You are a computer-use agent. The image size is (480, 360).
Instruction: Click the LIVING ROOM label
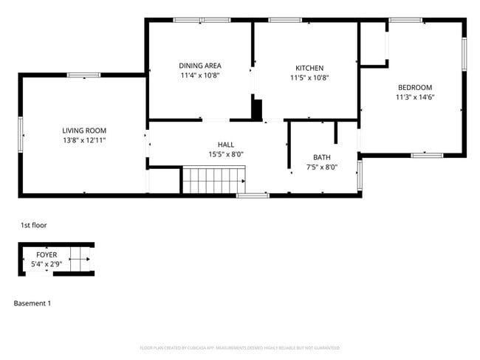84,130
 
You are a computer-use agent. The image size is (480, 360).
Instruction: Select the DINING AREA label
200,66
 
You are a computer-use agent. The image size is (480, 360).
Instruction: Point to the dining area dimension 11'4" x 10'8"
200,75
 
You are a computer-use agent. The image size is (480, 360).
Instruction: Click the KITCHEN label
309,68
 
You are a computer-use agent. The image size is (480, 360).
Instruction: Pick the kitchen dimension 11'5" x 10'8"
309,77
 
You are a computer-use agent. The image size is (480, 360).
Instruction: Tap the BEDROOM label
414,87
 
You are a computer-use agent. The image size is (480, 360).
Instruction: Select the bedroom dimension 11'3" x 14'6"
414,97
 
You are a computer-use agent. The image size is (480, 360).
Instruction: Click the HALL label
226,145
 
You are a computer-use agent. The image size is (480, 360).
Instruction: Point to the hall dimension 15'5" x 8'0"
226,154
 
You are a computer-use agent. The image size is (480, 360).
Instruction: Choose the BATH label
321,157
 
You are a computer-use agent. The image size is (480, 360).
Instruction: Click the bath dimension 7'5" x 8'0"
321,167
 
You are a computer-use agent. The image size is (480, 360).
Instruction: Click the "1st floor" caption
33,225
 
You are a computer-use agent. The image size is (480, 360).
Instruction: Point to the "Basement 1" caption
32,303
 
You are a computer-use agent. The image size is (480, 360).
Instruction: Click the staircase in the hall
214,179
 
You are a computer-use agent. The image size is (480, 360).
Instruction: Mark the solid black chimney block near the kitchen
257,109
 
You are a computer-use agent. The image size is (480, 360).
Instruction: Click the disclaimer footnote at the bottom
240,347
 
